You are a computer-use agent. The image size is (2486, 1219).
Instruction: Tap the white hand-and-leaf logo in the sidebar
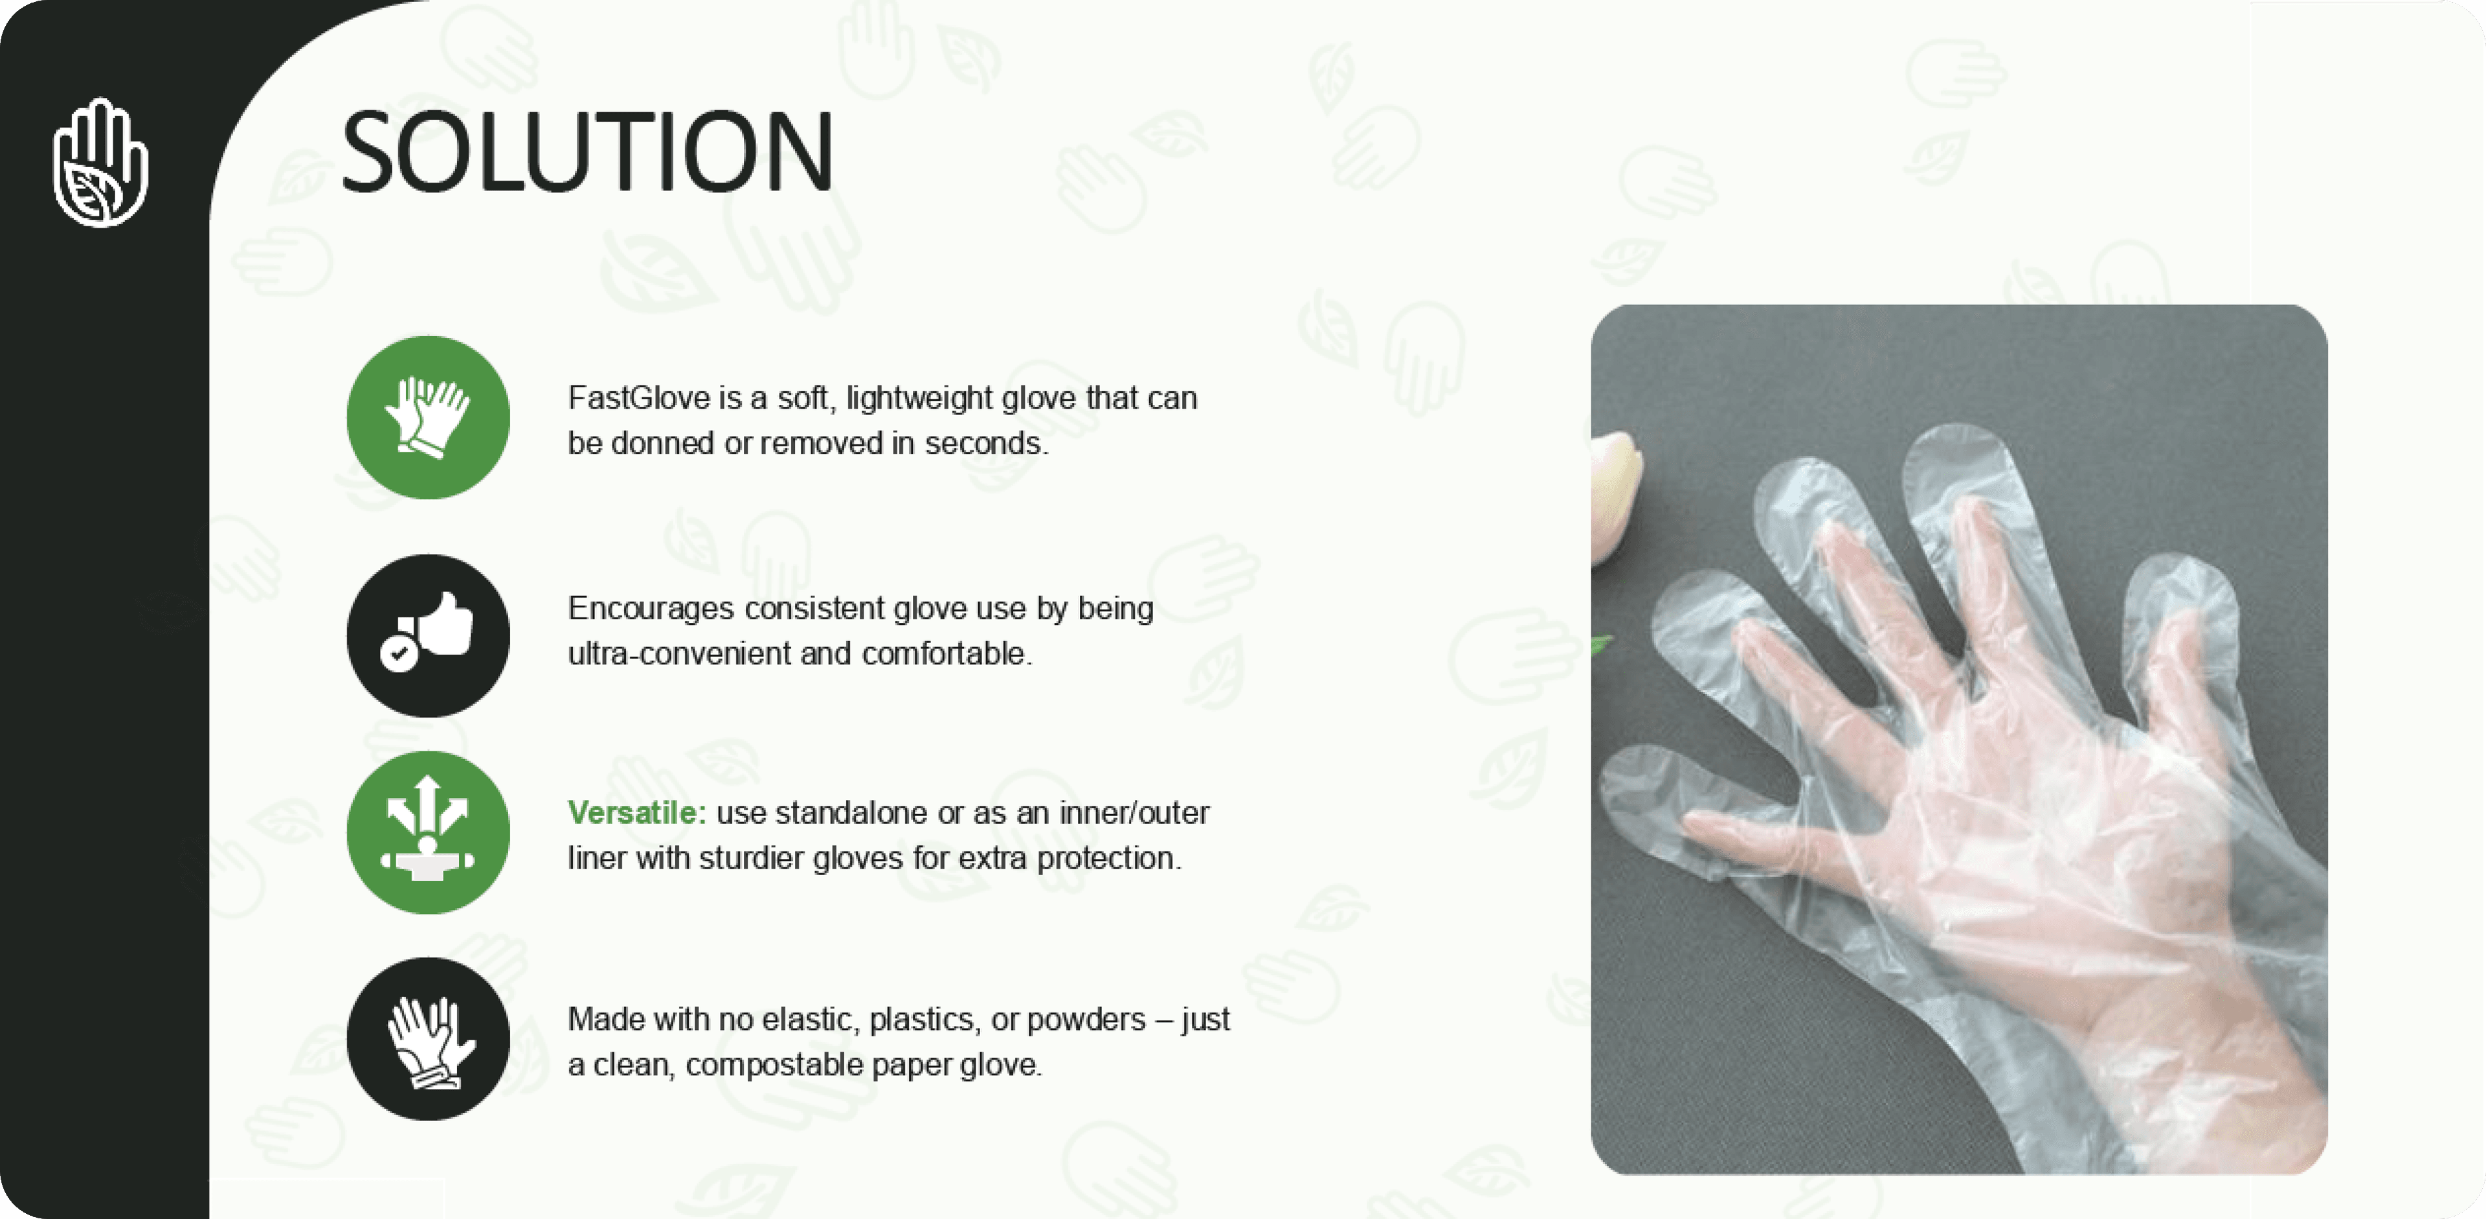coord(100,162)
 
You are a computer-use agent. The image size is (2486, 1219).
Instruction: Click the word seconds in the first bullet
coord(985,443)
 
